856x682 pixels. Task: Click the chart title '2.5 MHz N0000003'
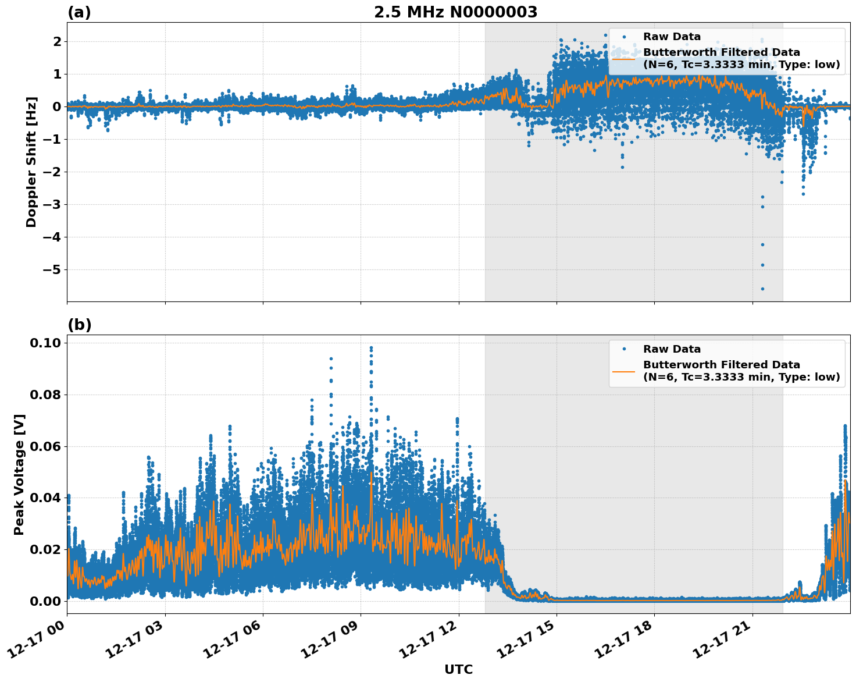pyautogui.click(x=455, y=12)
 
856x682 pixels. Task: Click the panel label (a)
pyautogui.click(x=79, y=12)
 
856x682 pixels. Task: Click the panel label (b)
pyautogui.click(x=79, y=325)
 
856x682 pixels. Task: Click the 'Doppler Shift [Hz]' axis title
pyautogui.click(x=31, y=162)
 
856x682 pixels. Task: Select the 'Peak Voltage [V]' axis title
pyautogui.click(x=19, y=474)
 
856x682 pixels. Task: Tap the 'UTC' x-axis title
pyautogui.click(x=458, y=669)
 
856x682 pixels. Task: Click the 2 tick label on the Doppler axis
pyautogui.click(x=57, y=41)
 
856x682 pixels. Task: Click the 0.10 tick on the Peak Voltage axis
pyautogui.click(x=45, y=343)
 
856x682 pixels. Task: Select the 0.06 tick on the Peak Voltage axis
pyautogui.click(x=45, y=446)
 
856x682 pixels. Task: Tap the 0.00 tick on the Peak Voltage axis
pyautogui.click(x=45, y=601)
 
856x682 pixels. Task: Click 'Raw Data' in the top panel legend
pyautogui.click(x=672, y=37)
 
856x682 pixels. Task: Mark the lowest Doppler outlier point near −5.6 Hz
pyautogui.click(x=762, y=289)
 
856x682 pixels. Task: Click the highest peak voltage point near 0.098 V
pyautogui.click(x=371, y=348)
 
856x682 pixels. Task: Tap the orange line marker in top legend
pyautogui.click(x=623, y=58)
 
